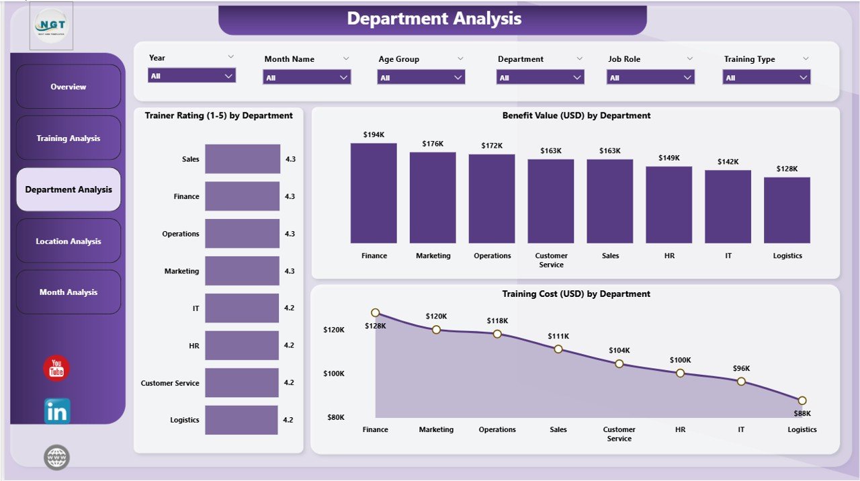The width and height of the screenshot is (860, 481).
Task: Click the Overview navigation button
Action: coord(69,87)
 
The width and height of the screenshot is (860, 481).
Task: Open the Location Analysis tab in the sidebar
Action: coord(69,241)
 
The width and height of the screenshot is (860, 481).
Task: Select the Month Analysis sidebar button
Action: coord(69,292)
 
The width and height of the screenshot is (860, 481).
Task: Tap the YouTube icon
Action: coord(56,369)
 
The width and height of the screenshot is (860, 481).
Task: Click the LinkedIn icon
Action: coord(57,411)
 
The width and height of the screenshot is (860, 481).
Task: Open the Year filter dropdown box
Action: coord(191,76)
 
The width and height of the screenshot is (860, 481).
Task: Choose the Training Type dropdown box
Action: coord(767,78)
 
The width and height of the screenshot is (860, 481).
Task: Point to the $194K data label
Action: coord(374,135)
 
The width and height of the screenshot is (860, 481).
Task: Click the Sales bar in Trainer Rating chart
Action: coord(243,159)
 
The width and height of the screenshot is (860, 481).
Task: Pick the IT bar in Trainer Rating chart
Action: coord(242,308)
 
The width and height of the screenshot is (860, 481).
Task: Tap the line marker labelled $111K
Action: coord(558,349)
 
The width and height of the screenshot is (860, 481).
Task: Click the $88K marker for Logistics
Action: coord(802,400)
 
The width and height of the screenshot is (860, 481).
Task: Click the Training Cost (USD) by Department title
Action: coord(576,294)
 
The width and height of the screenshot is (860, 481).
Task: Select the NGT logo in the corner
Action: coord(52,26)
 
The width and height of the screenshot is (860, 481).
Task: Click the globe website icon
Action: coord(57,457)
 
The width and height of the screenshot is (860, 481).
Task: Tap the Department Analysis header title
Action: coord(433,19)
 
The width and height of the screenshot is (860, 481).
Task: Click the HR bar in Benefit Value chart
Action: coord(669,205)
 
